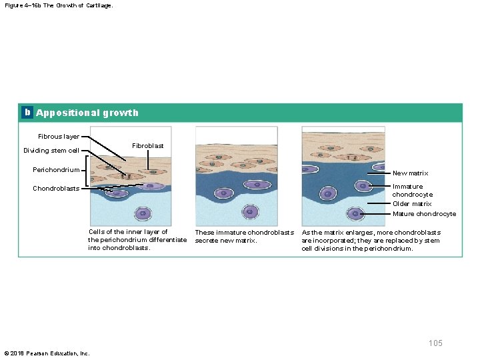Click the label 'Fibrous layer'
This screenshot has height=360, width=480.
(x=59, y=136)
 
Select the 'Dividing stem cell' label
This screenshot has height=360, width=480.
(x=51, y=150)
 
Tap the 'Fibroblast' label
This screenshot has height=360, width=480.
(x=147, y=145)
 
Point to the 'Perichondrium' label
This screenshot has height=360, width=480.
(x=56, y=169)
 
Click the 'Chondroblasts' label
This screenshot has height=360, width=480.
(x=56, y=188)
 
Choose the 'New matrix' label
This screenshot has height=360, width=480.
(x=410, y=173)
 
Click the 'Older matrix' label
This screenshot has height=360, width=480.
(x=412, y=204)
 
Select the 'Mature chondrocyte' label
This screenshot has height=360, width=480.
(x=424, y=214)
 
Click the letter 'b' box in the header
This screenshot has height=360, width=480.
(x=27, y=113)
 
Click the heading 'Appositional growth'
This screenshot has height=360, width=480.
(x=87, y=113)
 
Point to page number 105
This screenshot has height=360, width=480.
(x=435, y=343)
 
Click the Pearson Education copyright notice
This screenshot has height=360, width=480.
(x=47, y=353)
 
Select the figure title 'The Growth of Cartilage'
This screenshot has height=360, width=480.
(x=59, y=5)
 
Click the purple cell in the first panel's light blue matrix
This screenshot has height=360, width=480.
(x=143, y=213)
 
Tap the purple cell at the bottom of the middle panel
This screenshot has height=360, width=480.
(x=250, y=212)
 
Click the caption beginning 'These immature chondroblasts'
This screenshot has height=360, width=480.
(x=244, y=236)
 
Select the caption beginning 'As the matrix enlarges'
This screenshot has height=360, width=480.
(x=371, y=240)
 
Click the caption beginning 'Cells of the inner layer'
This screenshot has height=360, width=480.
(x=137, y=240)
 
